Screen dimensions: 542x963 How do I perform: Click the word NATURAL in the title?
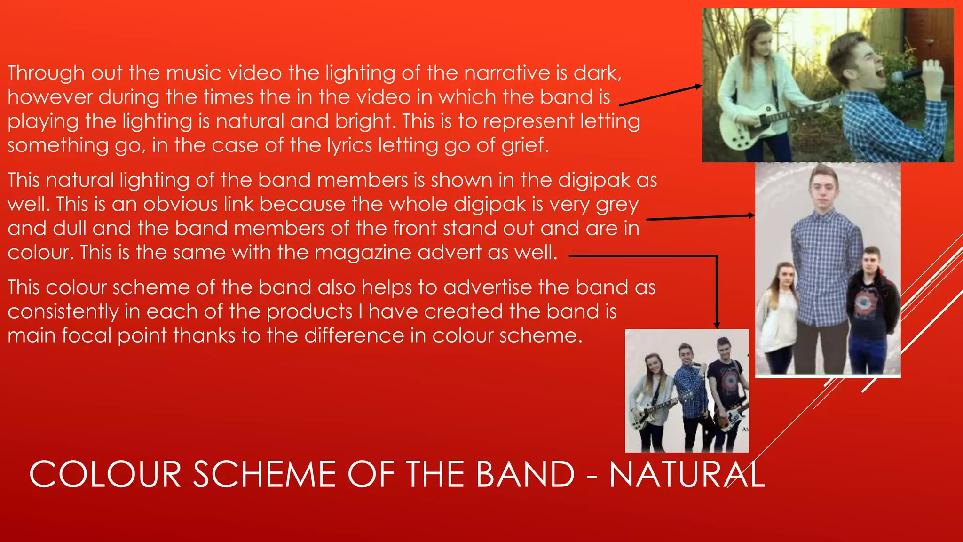[x=687, y=474]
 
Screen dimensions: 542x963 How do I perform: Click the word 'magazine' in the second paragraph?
[x=363, y=253]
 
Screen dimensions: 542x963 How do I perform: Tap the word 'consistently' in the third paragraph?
[x=63, y=311]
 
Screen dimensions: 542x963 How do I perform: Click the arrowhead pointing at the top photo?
[x=698, y=86]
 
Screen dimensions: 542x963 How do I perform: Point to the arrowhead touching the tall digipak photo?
[x=751, y=215]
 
